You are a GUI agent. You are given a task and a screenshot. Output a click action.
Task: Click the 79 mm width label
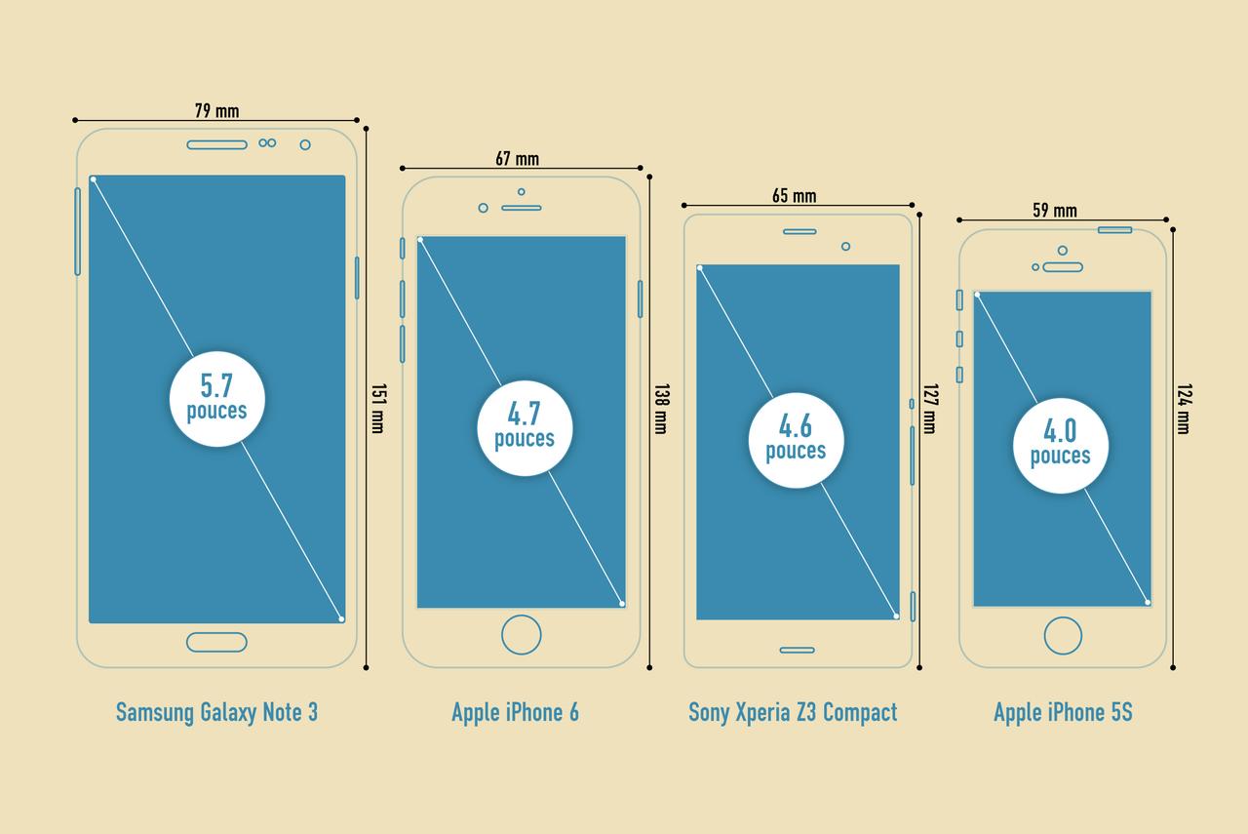coord(216,110)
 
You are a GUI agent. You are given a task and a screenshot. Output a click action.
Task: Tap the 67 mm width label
coord(517,158)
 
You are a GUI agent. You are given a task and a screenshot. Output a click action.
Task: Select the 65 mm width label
coord(795,196)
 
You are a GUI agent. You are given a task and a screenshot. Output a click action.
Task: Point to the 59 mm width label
coord(1055,210)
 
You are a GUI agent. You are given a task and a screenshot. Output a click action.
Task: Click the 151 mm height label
coord(377,408)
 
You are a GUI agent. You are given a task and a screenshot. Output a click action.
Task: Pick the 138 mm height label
coord(660,408)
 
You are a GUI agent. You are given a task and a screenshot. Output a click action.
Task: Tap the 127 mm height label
coord(929,408)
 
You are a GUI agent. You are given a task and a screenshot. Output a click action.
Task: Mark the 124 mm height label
coord(1184,408)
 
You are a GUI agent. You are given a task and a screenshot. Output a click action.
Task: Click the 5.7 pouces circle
coord(216,399)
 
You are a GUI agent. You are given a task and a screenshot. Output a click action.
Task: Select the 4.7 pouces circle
coord(525,428)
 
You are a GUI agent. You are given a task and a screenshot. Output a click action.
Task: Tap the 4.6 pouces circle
coord(796,440)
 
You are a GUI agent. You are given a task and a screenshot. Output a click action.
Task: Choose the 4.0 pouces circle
coord(1061,446)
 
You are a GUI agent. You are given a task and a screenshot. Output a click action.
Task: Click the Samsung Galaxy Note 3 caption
coord(216,712)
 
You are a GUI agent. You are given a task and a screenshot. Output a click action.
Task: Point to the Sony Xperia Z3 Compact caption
coord(793,712)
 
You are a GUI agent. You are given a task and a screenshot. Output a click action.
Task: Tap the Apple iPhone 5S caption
coord(1063,712)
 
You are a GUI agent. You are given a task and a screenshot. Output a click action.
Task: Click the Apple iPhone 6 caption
coord(515,712)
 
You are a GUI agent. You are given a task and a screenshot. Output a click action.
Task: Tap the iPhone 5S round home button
coord(1063,636)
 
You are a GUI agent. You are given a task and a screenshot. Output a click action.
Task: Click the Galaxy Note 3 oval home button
coord(216,642)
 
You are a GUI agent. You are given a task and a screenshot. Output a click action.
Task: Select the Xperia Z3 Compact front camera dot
coord(845,246)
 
